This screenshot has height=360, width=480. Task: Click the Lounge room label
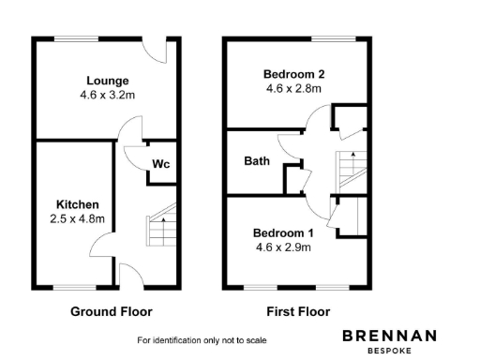pyautogui.click(x=108, y=81)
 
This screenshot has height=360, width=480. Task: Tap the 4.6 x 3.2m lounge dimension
pyautogui.click(x=108, y=95)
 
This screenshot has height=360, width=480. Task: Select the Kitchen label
pyautogui.click(x=77, y=204)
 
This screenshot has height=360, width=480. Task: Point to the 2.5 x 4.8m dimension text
pyautogui.click(x=77, y=218)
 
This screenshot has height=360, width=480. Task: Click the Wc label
pyautogui.click(x=160, y=163)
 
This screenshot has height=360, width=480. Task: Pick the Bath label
pyautogui.click(x=257, y=161)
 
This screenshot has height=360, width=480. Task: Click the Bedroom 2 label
pyautogui.click(x=293, y=74)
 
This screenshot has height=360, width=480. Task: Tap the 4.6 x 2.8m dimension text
pyautogui.click(x=293, y=89)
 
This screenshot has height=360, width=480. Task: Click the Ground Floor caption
pyautogui.click(x=112, y=311)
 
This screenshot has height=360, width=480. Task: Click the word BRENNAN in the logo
pyautogui.click(x=389, y=335)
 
